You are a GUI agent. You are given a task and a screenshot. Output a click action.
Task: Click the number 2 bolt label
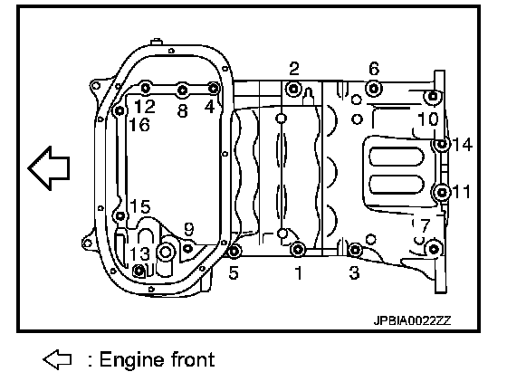point(294,69)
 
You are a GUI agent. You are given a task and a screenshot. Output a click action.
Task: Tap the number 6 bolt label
point(374,69)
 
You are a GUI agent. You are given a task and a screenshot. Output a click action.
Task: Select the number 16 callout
point(139,124)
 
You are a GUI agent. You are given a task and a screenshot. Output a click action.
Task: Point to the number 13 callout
point(140,254)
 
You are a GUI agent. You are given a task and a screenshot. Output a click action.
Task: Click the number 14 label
point(463,144)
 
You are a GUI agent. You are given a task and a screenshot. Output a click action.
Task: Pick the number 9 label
point(189,229)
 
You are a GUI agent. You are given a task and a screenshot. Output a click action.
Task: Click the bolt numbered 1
point(298,249)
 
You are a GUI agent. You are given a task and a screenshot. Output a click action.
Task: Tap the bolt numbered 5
point(234,251)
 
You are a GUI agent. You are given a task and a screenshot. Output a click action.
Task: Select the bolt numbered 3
point(355,250)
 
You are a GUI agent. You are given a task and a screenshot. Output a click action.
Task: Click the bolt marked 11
point(442,193)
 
